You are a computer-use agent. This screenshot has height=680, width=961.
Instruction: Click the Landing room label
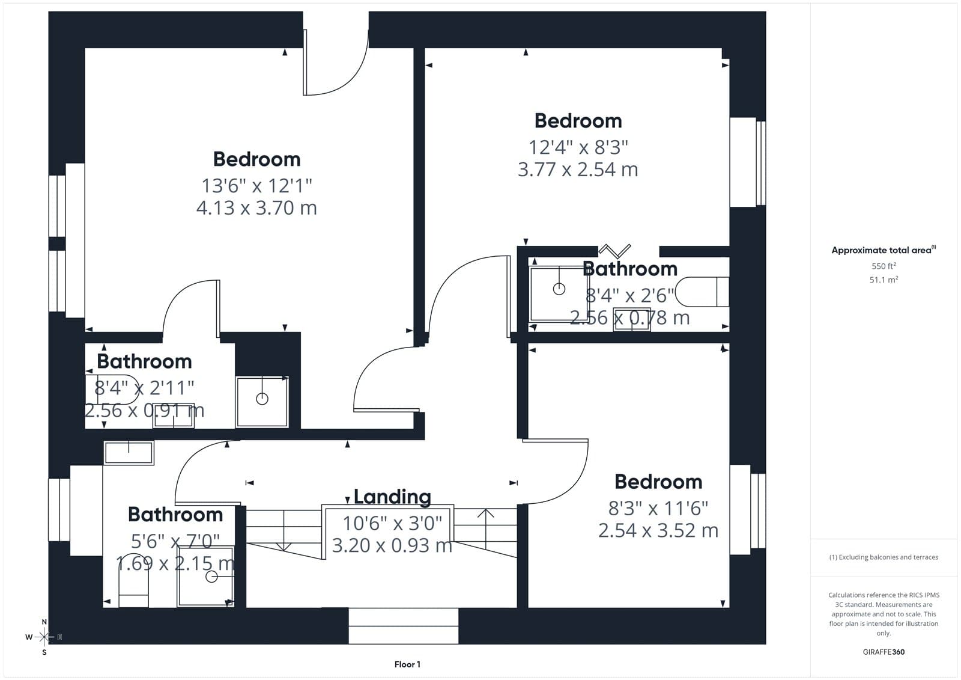pos(392,497)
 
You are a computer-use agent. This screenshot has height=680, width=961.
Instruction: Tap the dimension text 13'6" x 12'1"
pos(256,186)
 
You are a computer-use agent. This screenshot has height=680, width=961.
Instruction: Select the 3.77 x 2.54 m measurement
pos(578,170)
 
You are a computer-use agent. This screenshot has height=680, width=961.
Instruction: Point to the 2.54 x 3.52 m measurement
pos(658,530)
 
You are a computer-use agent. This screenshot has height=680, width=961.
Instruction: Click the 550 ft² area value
pos(884,266)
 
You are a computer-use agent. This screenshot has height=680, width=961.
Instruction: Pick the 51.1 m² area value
pos(884,280)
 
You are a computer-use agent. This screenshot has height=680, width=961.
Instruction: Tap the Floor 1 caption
pos(407,664)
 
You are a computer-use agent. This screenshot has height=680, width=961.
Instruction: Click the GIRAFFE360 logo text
pos(884,652)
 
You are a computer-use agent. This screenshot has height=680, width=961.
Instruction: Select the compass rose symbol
pos(44,637)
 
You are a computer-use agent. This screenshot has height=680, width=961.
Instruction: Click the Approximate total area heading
pos(884,250)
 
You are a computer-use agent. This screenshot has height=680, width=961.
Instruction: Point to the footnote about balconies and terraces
pos(884,557)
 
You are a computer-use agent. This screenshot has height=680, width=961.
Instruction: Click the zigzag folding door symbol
pos(615,251)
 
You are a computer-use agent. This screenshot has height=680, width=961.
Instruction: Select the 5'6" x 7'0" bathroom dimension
pos(175,542)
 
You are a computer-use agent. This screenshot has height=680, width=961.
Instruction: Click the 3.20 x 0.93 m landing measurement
pos(392,545)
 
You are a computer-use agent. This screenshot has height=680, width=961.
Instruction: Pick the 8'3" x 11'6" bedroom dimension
pos(658,509)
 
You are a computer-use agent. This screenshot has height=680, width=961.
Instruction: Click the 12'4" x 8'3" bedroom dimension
pos(578,147)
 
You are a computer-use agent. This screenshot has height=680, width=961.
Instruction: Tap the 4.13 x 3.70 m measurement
pos(256,208)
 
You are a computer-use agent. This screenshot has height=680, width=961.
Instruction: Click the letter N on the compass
pos(44,622)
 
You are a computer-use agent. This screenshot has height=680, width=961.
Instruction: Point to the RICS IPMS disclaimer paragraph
pos(884,614)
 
